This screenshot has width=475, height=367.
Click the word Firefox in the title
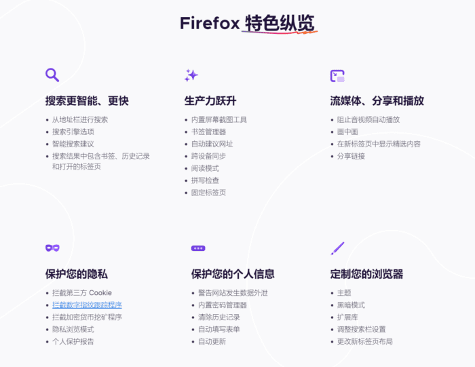tap(210, 23)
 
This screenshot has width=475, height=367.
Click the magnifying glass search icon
tap(52, 75)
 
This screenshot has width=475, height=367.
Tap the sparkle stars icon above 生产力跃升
tap(191, 75)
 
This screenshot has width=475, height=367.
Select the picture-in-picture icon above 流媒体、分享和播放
tap(337, 75)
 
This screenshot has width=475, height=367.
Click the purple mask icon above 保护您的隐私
tap(52, 248)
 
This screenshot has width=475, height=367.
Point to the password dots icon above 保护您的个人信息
tap(198, 248)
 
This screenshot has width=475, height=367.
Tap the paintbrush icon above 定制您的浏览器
tap(337, 248)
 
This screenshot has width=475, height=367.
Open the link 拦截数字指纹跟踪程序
tap(87, 305)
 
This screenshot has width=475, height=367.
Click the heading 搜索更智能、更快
tap(87, 100)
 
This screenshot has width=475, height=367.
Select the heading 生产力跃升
tap(210, 100)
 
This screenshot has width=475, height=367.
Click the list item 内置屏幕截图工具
tap(218, 119)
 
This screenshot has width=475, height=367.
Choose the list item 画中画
tap(347, 132)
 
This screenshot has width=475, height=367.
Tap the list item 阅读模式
tap(205, 168)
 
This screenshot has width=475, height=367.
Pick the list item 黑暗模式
tap(351, 305)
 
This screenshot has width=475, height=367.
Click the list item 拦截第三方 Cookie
tap(82, 292)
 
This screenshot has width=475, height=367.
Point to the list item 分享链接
tap(351, 156)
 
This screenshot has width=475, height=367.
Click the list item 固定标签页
tap(208, 193)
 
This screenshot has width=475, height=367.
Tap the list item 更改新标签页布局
tap(364, 341)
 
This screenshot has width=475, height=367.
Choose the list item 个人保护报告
tap(73, 341)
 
